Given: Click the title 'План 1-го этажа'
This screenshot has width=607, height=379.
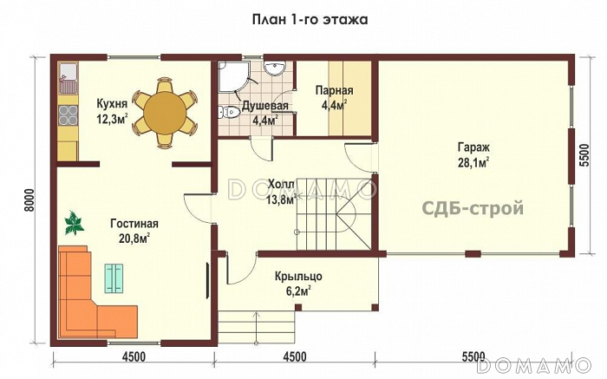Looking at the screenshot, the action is [x=310, y=19].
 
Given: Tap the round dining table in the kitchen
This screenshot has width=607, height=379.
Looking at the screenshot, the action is [x=164, y=113].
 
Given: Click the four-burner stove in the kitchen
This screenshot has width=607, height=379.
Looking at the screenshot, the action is [x=69, y=115].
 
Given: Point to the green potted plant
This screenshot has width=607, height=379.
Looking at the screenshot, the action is [x=74, y=223].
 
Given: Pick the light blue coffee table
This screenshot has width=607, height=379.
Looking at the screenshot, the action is [x=114, y=278].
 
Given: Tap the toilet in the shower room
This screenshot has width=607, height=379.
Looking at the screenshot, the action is [x=228, y=112].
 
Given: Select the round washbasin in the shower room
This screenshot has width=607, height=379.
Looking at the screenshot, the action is [x=275, y=68].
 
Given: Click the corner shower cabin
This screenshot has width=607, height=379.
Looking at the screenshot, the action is [x=232, y=76].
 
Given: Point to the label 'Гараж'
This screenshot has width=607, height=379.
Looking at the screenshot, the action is [x=473, y=147].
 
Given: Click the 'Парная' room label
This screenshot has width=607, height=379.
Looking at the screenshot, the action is [x=334, y=90].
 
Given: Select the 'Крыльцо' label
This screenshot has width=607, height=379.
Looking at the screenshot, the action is [x=298, y=277].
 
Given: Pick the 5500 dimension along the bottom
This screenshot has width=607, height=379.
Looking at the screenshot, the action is [x=473, y=356].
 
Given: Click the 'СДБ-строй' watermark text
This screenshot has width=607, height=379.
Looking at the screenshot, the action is [x=473, y=209].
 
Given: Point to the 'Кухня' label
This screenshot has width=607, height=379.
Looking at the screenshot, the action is [x=112, y=104].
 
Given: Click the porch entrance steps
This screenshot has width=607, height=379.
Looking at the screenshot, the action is [x=257, y=327].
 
